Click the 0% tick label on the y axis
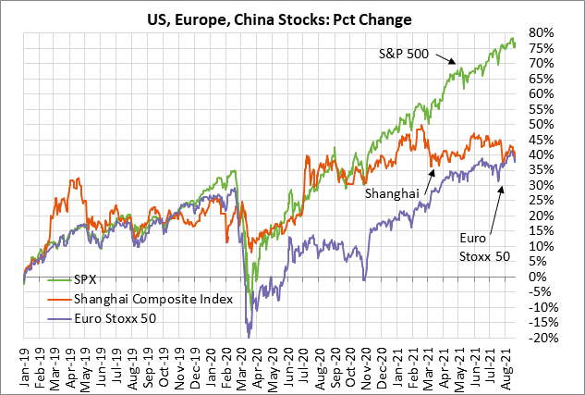click(x=543, y=277)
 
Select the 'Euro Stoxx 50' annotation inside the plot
click(x=483, y=246)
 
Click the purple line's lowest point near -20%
click(x=248, y=336)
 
